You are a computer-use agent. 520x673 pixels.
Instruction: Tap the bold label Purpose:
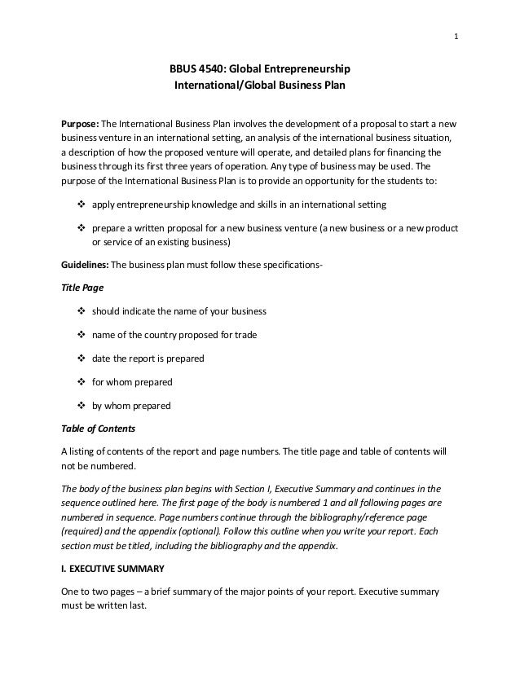coord(80,123)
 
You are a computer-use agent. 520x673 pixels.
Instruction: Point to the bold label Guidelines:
coord(85,265)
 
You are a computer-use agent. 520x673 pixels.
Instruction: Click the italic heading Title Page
coord(83,288)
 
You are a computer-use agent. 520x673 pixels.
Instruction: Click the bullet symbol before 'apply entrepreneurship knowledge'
coord(80,203)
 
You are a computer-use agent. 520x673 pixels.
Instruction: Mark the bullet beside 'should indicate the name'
coord(80,311)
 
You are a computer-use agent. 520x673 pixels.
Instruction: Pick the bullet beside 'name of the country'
coord(80,335)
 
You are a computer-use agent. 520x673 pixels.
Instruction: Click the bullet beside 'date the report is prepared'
coord(80,358)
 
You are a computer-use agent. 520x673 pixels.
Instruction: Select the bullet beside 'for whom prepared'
coord(80,382)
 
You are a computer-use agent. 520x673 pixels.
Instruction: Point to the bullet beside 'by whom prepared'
coord(80,406)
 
